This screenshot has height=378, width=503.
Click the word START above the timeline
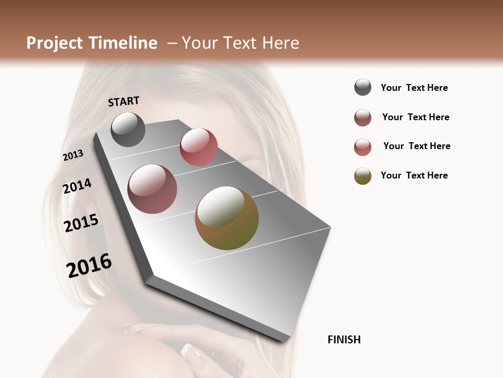coord(124,101)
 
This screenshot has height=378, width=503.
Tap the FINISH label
coord(344,340)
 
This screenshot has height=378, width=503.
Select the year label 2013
coord(73,155)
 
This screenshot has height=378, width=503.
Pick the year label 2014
coord(78,186)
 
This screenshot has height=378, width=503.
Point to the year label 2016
coord(89,266)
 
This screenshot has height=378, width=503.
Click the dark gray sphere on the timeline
coord(128,129)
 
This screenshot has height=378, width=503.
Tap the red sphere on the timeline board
coord(199,146)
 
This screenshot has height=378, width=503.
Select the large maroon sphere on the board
coord(152,189)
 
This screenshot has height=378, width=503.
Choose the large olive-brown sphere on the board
coord(227,218)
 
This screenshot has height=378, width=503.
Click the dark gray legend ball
coord(363,87)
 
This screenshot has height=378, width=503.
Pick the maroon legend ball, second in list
coord(363,118)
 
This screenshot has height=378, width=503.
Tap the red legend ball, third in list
coord(363,147)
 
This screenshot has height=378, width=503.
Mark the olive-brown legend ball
coord(363,176)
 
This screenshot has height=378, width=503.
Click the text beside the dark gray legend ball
coord(414,88)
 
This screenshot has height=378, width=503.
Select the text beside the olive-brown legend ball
coord(414,175)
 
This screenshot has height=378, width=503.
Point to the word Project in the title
coord(55,43)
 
